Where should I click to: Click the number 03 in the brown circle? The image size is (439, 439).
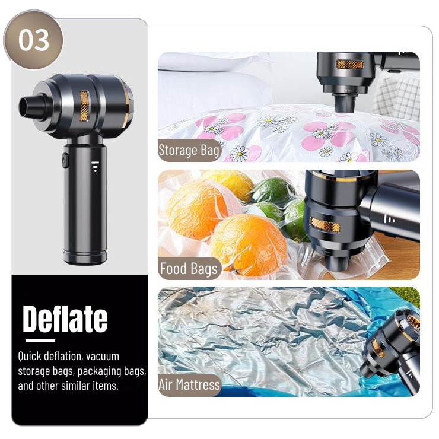tap(34, 40)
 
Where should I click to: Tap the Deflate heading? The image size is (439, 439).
tap(65, 319)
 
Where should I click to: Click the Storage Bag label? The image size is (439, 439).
tap(189, 150)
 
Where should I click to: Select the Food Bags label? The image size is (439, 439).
tap(189, 269)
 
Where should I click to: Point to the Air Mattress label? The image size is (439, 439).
tap(189, 384)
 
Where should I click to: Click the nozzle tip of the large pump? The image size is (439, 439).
tap(26, 107)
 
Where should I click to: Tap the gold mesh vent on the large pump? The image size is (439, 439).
tap(84, 106)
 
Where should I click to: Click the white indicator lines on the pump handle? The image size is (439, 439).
tap(95, 166)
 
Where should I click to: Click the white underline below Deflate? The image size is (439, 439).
tap(40, 341)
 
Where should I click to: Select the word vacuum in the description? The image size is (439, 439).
tap(103, 356)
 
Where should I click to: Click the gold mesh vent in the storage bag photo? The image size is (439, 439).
tap(350, 65)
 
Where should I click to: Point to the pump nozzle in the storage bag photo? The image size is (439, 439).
tap(345, 103)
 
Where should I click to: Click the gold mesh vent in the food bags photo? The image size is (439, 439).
tap(325, 225)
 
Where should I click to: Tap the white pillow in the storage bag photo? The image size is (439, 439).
tap(214, 81)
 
